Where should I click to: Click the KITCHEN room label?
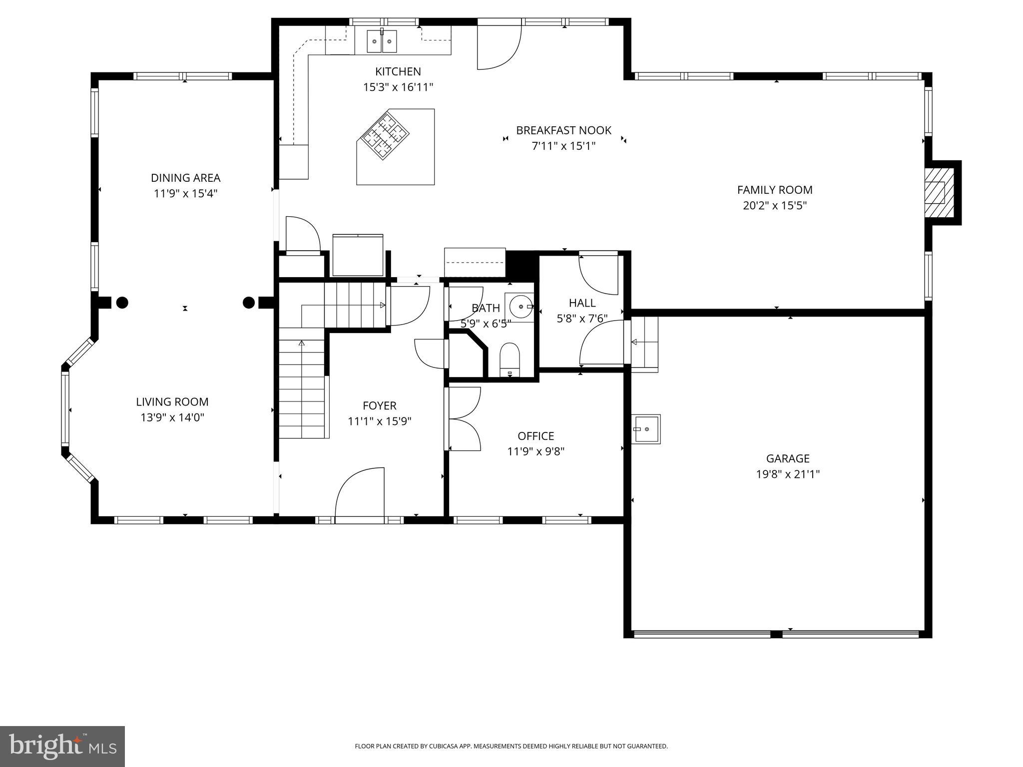click(x=398, y=71)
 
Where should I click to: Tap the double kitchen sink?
click(x=382, y=41)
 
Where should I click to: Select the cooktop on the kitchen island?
click(x=385, y=136)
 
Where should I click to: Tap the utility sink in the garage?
click(x=645, y=429)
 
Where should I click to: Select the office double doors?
click(x=464, y=419)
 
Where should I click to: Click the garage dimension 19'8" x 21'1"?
click(x=788, y=474)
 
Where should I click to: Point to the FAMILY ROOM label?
click(x=775, y=190)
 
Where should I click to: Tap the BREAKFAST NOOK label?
click(x=563, y=130)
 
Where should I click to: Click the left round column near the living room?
click(x=122, y=302)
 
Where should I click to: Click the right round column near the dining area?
click(x=249, y=302)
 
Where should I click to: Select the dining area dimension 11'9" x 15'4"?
click(x=185, y=193)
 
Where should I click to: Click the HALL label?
click(x=582, y=303)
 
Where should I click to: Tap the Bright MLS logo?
click(x=62, y=746)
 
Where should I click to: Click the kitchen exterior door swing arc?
click(x=500, y=47)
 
